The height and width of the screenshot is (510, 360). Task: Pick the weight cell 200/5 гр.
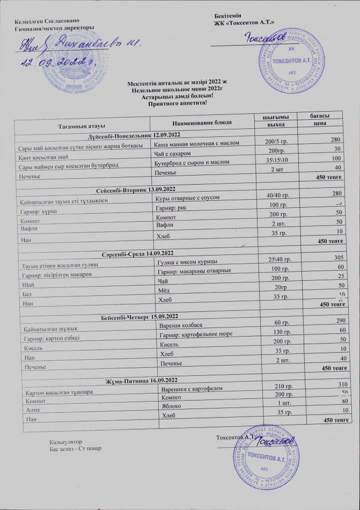click(x=277, y=141)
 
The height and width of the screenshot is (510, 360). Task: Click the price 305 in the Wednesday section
click(x=337, y=258)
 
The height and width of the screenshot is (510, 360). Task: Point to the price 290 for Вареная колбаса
click(x=337, y=320)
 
